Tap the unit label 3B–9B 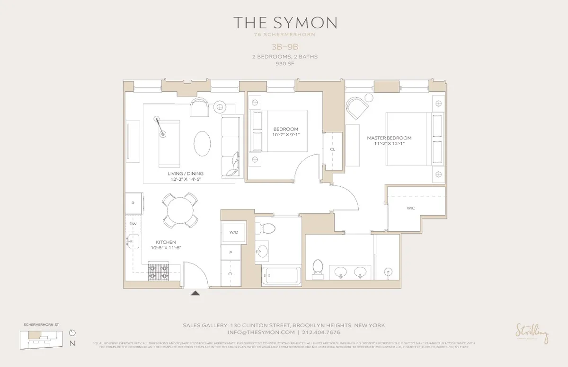[x=284, y=47]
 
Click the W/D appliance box [x=234, y=232]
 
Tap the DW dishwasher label [x=133, y=223]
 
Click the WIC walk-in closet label [x=410, y=208]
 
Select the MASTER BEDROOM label [x=389, y=138]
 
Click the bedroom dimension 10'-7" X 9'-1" [x=286, y=135]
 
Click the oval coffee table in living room [x=203, y=143]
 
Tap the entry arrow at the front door [x=195, y=293]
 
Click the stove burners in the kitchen [x=159, y=271]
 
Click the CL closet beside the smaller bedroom [x=333, y=149]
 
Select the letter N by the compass [x=72, y=344]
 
